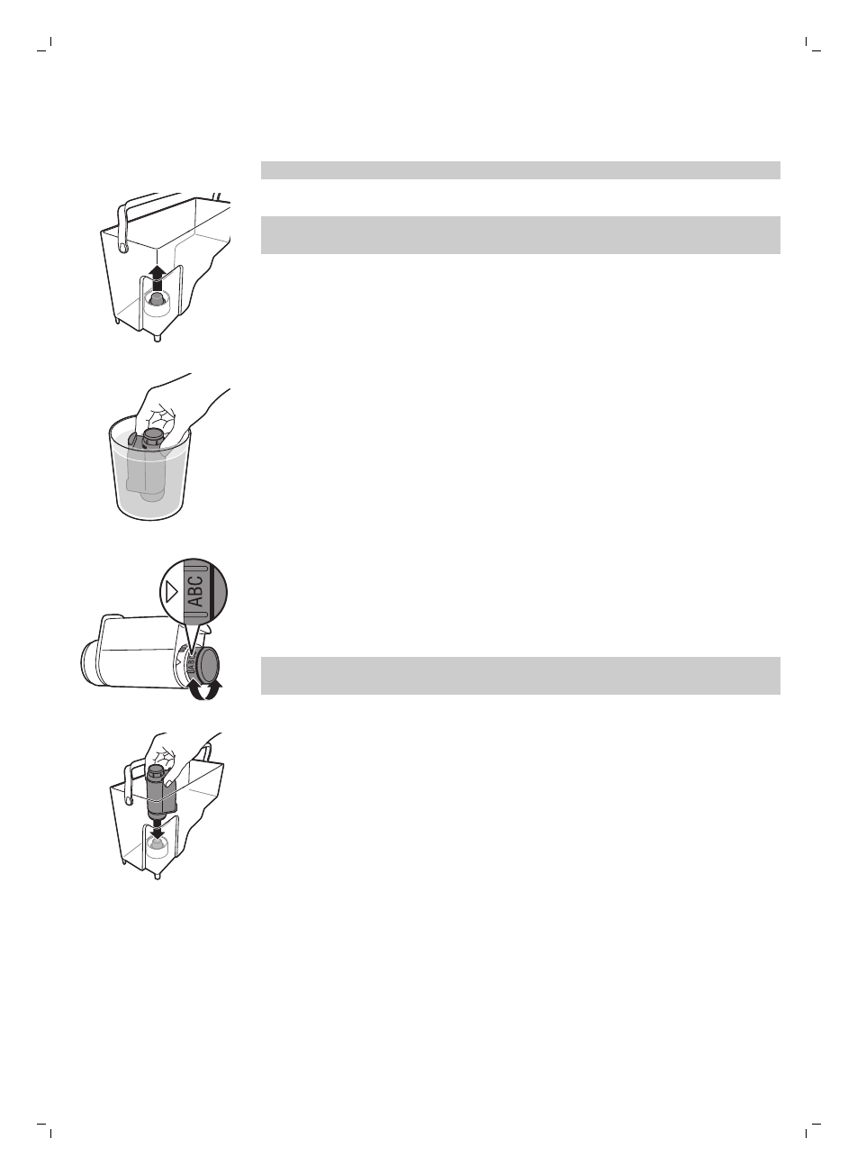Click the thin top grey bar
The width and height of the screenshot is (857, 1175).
pos(519,170)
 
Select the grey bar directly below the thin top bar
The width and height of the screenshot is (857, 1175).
pos(519,235)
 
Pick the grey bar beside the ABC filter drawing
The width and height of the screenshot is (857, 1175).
pos(519,676)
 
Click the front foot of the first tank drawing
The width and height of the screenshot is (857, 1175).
pos(158,337)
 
